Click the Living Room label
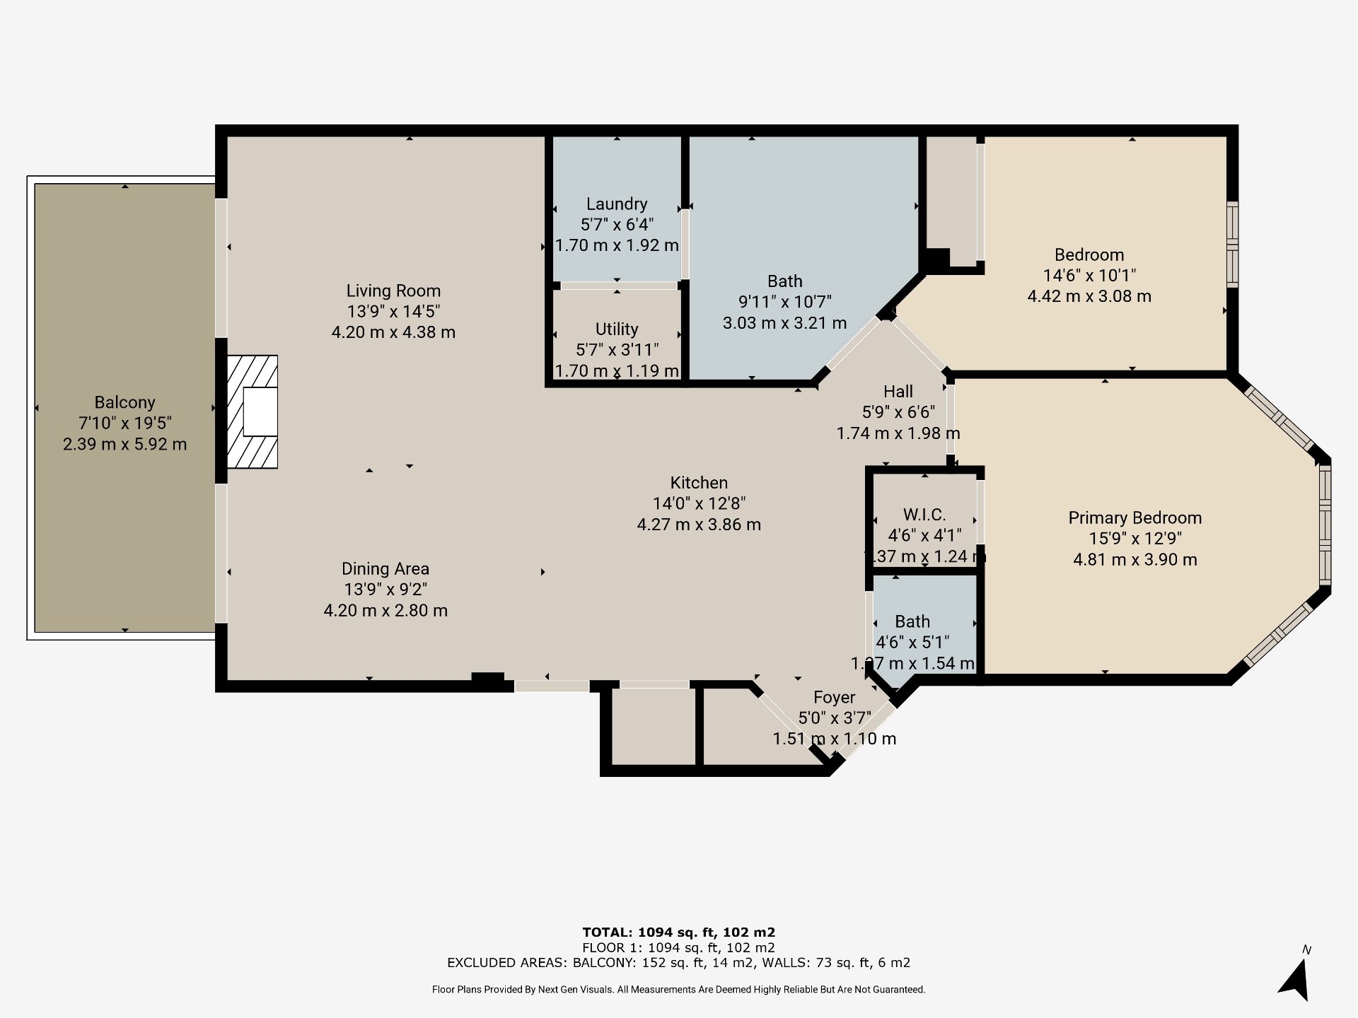(x=393, y=291)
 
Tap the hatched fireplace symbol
(x=253, y=411)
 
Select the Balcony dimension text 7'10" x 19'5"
(x=124, y=423)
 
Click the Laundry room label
(x=616, y=204)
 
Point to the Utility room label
(x=616, y=329)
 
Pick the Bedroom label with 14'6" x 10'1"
(x=1089, y=255)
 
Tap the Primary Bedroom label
(x=1134, y=517)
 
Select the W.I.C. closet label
(x=924, y=515)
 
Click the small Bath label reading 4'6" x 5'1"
(x=912, y=621)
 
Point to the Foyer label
(x=834, y=697)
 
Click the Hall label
(x=898, y=391)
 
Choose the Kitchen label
(x=699, y=483)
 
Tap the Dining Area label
(x=385, y=568)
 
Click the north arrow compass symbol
(x=1296, y=979)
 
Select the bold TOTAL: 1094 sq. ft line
(x=678, y=932)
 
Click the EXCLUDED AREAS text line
(x=678, y=962)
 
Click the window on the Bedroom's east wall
(x=1232, y=244)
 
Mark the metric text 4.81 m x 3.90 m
(x=1134, y=560)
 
